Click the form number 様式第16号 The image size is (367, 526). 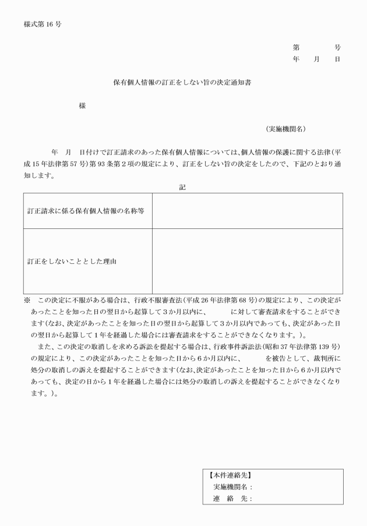tap(43, 25)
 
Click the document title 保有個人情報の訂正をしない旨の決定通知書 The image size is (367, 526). tap(182, 83)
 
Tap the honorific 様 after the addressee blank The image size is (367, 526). tap(83, 107)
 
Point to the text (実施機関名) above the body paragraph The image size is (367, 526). tap(286, 129)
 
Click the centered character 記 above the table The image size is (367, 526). tap(183, 187)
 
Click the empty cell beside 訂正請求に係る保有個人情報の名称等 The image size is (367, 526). tap(247, 211)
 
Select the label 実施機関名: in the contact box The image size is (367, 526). tap(232, 487)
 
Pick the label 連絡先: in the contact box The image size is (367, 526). tap(232, 499)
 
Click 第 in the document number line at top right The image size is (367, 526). tap(296, 48)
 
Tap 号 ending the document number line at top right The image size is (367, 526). tap(338, 48)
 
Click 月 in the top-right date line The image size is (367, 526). tap(317, 59)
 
